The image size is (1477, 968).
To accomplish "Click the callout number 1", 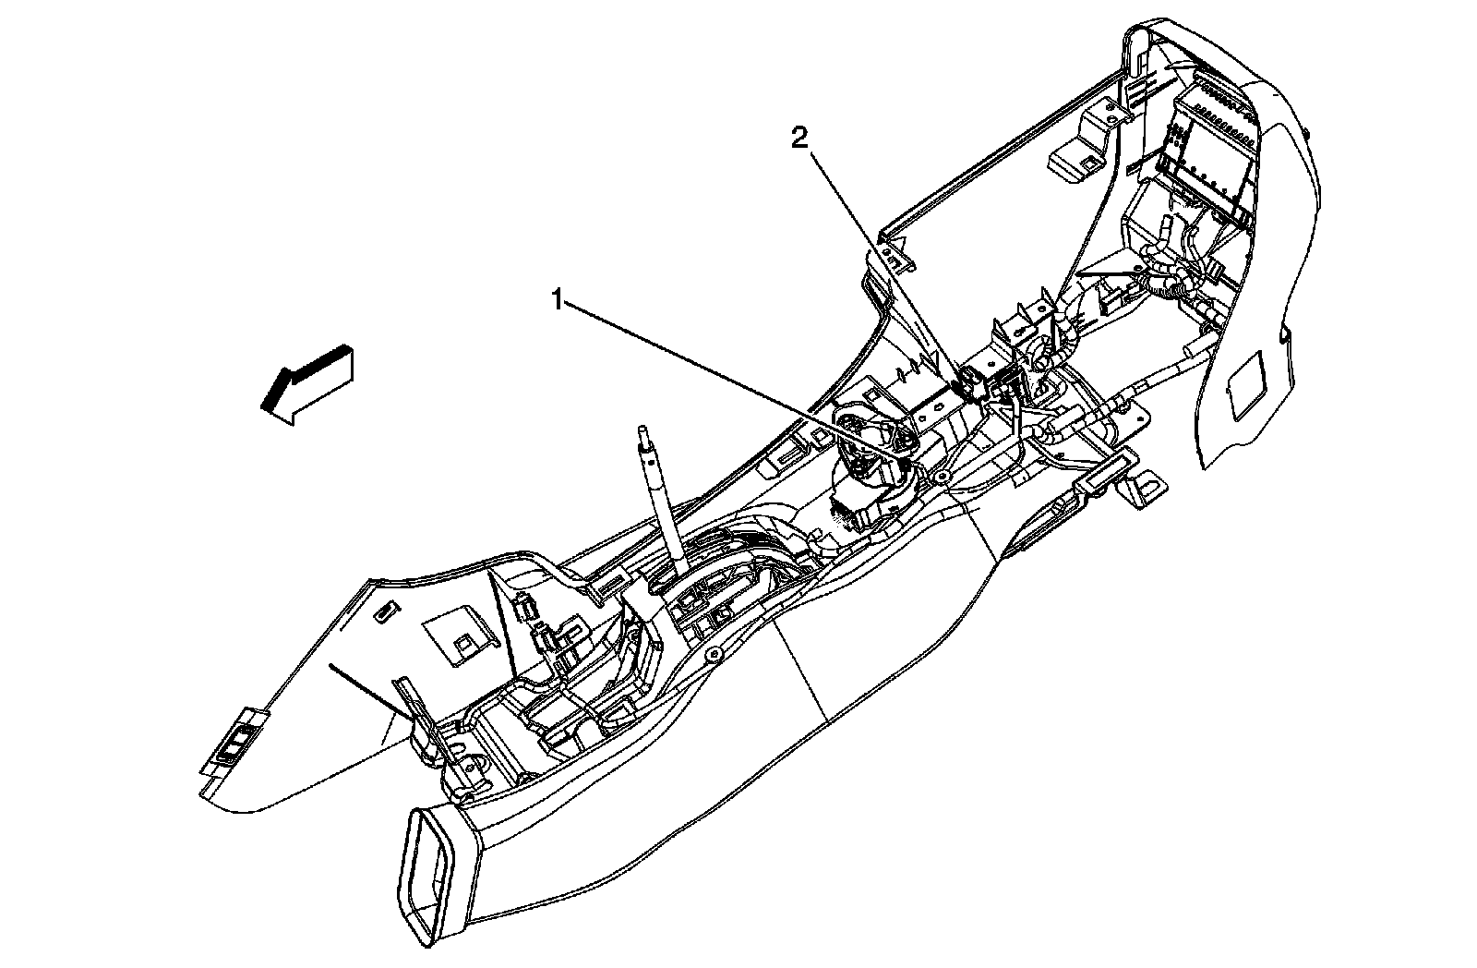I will point(557,298).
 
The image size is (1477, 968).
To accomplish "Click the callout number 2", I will point(799,139).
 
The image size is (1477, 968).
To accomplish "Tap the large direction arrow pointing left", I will point(305,382).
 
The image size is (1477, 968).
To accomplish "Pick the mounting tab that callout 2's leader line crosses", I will point(895,255).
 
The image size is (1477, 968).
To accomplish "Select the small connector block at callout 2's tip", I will point(969,380).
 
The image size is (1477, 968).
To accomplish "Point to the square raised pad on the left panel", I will point(456,636).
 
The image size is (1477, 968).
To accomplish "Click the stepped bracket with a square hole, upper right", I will point(1080,157).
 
